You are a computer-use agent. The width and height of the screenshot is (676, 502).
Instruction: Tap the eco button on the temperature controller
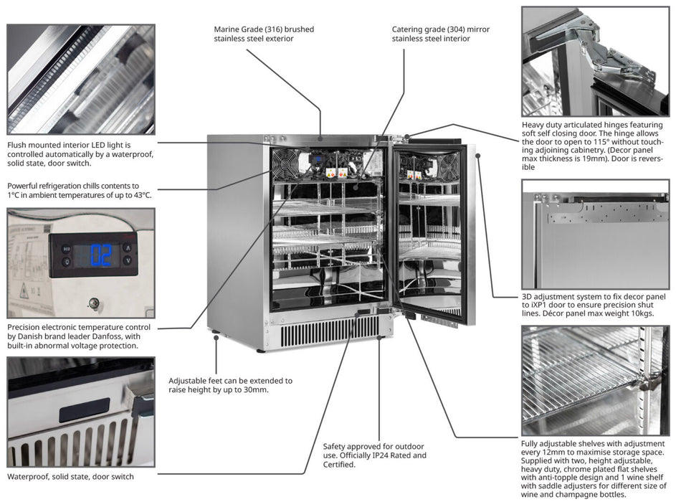[66, 248]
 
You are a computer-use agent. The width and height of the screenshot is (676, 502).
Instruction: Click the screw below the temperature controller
[93, 303]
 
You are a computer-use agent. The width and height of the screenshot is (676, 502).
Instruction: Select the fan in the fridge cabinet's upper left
[285, 164]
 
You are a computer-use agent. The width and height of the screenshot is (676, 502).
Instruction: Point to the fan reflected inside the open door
[448, 166]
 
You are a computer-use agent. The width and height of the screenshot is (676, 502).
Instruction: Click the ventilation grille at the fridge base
[329, 331]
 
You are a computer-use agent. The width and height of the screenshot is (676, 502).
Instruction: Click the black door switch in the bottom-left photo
[84, 410]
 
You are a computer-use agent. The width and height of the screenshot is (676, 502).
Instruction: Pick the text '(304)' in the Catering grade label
[458, 29]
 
